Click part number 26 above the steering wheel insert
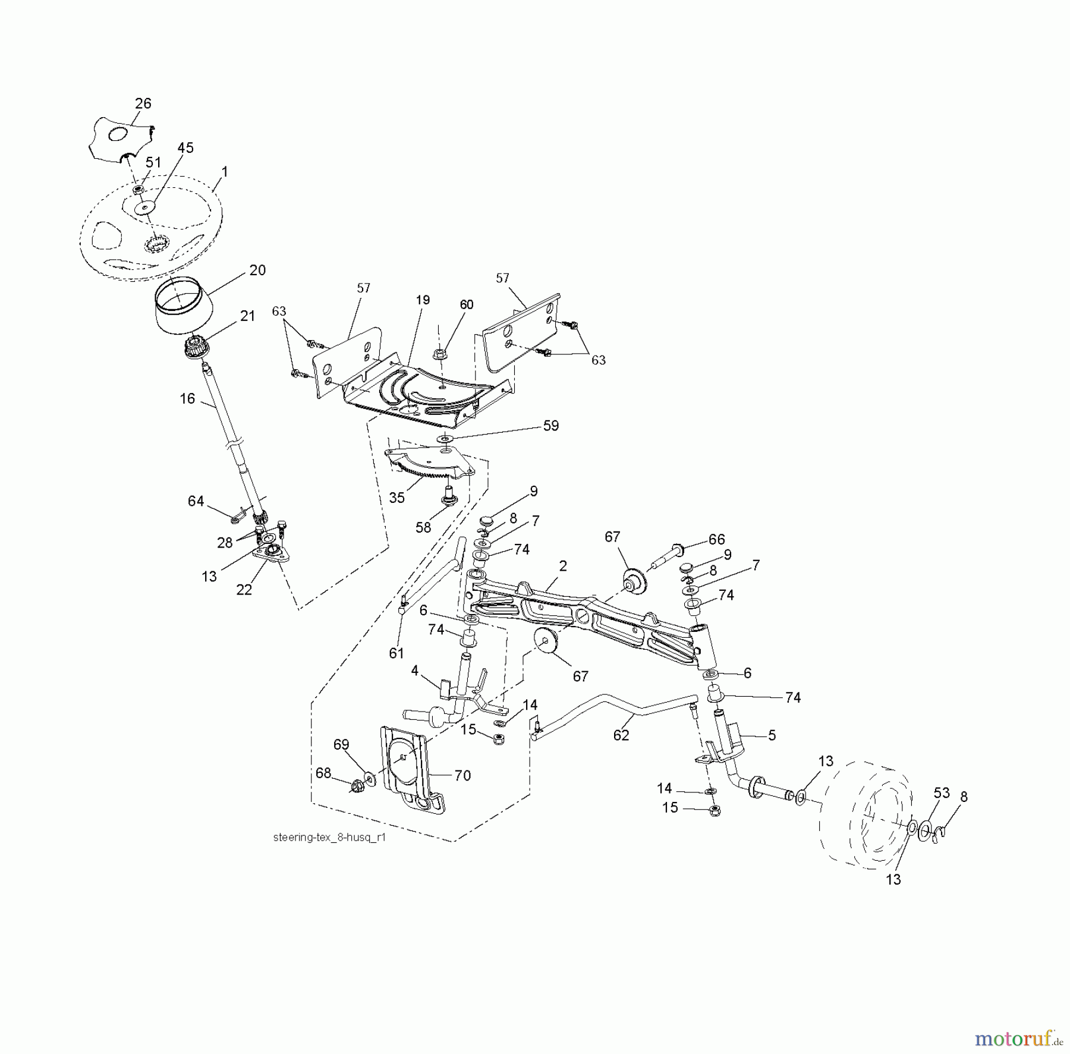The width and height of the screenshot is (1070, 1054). coord(143,103)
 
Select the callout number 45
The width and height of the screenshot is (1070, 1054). coord(185,147)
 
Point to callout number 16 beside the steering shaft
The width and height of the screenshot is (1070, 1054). coord(187,398)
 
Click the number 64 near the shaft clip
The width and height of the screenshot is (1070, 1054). coord(196,501)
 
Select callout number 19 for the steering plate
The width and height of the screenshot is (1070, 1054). coord(423,300)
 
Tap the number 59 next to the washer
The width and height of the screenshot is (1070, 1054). coord(551,426)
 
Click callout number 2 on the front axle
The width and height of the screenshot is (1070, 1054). coord(563,565)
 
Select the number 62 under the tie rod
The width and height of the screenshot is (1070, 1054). coord(621,735)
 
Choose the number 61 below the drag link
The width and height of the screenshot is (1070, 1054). coord(396,653)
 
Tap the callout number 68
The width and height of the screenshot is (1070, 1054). coord(323,773)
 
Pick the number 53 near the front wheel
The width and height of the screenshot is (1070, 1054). coord(942,792)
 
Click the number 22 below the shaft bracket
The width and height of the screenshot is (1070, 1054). coord(244,590)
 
